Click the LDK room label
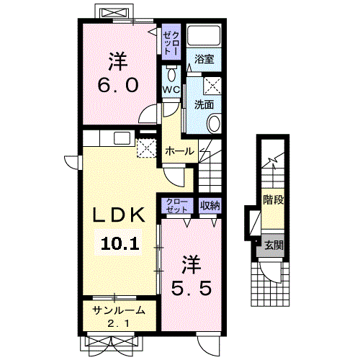click(x=119, y=215)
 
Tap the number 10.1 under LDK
click(x=120, y=243)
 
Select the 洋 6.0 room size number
click(x=118, y=85)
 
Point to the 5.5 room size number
click(x=192, y=288)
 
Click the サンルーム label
click(x=119, y=310)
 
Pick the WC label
click(x=171, y=90)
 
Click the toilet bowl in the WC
click(x=171, y=74)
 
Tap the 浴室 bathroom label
click(x=204, y=59)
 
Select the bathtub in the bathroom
click(x=204, y=35)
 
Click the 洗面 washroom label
click(x=204, y=104)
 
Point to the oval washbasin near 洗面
click(x=214, y=123)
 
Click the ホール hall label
click(x=179, y=151)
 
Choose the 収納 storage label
click(x=210, y=205)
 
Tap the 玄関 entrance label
click(x=274, y=246)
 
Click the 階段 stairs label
click(x=274, y=199)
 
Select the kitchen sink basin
click(x=122, y=138)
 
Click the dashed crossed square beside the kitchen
click(x=146, y=148)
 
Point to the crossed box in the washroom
click(x=212, y=86)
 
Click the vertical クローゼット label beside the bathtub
click(x=171, y=43)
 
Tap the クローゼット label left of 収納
click(x=177, y=206)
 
